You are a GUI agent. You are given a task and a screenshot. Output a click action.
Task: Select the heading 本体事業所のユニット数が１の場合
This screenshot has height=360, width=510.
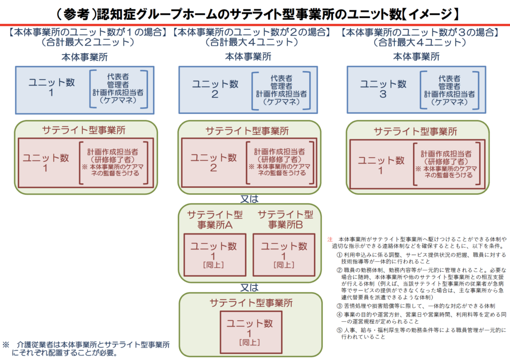(x=88, y=32)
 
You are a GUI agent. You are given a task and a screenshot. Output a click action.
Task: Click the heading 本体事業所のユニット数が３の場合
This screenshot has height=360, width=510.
(x=420, y=32)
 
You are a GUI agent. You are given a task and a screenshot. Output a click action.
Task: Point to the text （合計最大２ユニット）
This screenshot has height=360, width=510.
(x=88, y=42)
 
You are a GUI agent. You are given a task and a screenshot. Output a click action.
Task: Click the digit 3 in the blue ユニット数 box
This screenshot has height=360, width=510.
(x=383, y=94)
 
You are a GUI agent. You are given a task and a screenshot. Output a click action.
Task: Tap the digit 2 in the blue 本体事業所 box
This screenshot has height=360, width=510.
(x=215, y=94)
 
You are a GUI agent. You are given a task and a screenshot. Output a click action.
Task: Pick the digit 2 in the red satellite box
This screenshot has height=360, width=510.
(x=213, y=168)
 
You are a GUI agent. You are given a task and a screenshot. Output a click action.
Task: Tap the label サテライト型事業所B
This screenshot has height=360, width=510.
(x=285, y=220)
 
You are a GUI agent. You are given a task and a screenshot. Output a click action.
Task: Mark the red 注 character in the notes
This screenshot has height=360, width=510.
(x=330, y=240)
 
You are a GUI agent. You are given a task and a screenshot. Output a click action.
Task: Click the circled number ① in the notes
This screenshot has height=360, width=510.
(x=339, y=254)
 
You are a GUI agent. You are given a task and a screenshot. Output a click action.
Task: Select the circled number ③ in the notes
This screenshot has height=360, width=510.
(x=339, y=305)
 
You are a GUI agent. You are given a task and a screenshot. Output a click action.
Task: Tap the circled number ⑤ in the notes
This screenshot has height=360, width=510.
(x=339, y=330)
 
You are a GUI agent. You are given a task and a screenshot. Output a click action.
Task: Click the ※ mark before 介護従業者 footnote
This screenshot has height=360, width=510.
(x=6, y=345)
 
